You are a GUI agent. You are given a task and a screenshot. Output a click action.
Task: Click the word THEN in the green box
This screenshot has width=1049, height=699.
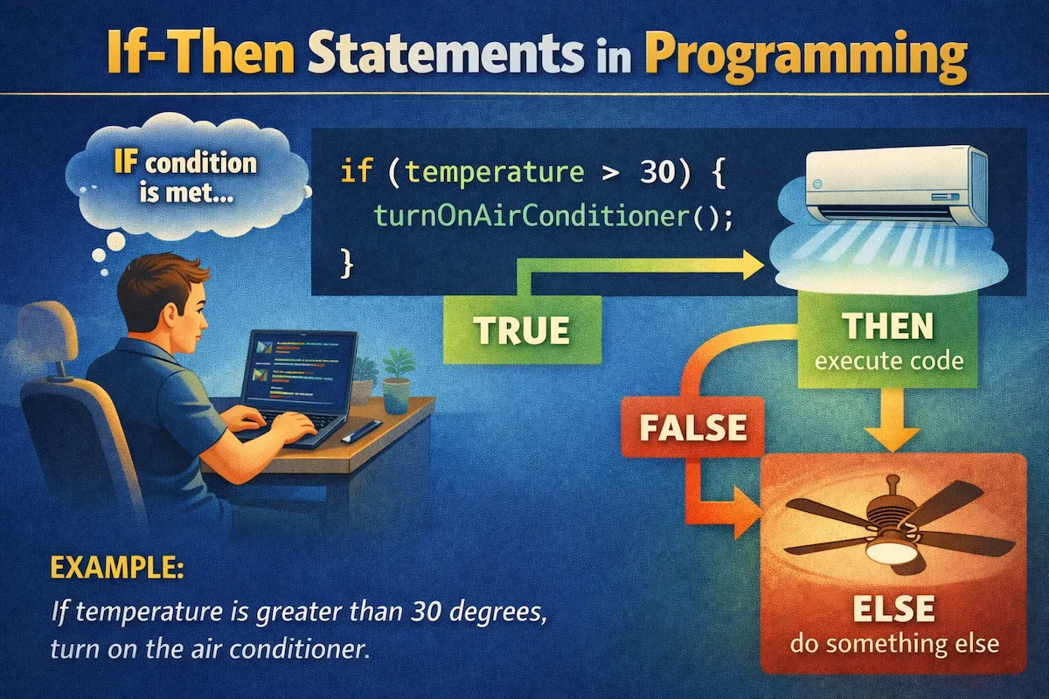coord(886,328)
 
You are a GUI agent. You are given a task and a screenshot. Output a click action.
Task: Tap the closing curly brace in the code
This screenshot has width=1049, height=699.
coord(346,260)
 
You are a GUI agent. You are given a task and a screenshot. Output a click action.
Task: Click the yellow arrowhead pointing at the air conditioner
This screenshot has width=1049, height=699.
coord(750,265)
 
